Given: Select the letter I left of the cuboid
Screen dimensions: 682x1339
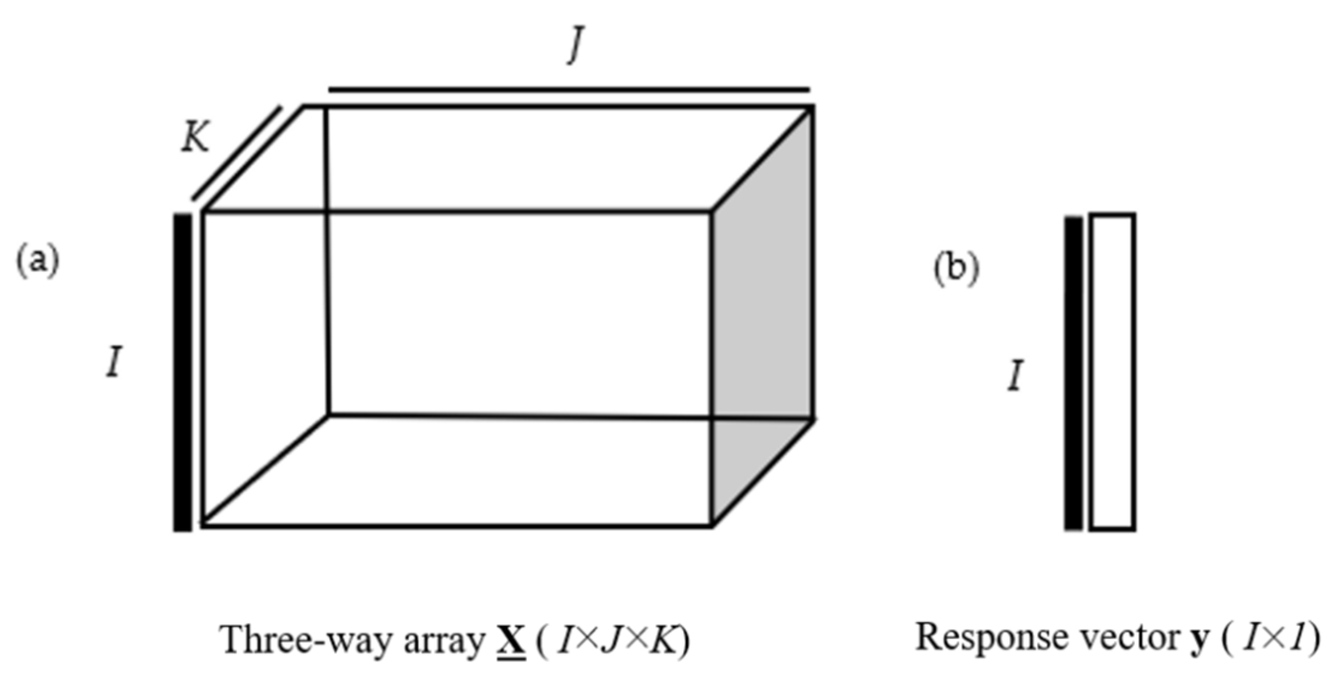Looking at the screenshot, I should click(114, 364).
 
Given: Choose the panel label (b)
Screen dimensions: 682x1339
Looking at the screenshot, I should click(956, 268).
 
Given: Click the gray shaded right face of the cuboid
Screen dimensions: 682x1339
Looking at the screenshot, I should click(763, 313).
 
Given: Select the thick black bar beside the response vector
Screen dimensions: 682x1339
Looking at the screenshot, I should click(1073, 373).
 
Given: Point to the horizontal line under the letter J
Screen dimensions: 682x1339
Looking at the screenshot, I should click(569, 90).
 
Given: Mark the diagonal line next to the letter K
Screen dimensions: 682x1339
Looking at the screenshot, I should click(237, 153).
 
